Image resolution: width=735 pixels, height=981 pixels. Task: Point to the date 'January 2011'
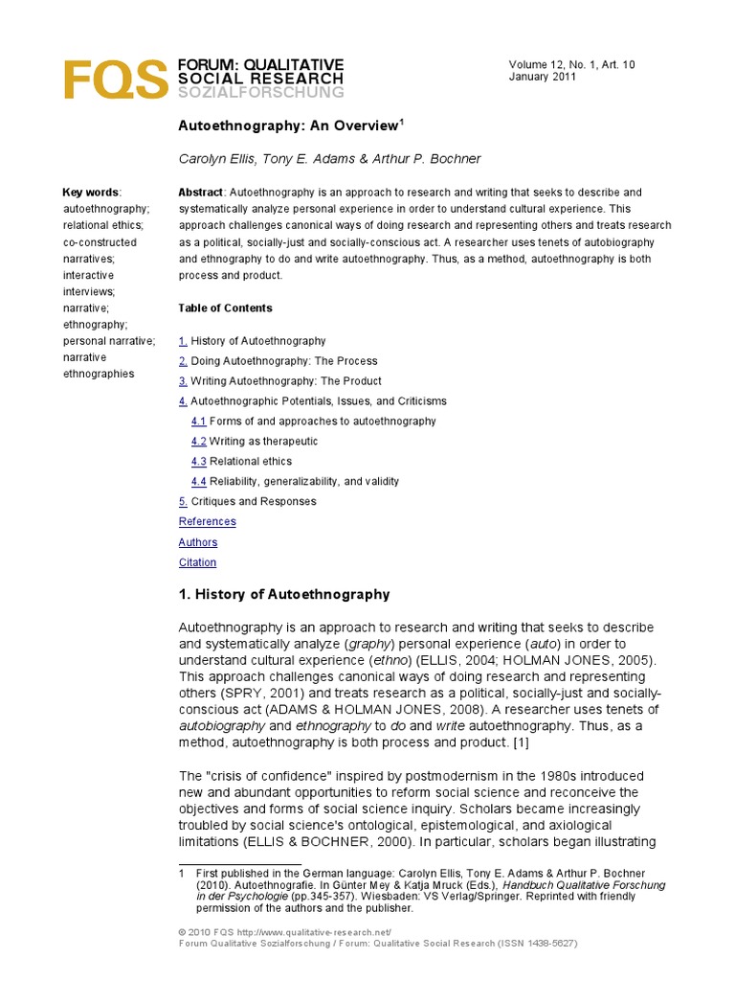542,78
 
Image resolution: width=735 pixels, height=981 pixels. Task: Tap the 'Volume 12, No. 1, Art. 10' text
571,64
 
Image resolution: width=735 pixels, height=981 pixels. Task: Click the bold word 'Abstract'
201,193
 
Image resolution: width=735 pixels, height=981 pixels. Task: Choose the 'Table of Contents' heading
225,308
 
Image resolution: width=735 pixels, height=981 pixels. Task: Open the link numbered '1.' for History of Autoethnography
183,341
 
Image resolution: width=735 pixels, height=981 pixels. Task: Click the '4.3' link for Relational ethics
198,462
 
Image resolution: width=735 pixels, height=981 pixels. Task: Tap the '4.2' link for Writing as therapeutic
198,442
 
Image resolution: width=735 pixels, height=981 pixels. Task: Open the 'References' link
207,522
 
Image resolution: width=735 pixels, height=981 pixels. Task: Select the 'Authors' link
197,542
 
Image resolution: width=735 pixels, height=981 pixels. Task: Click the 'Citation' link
197,562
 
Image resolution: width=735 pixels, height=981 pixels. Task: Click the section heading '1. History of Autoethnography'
284,595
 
